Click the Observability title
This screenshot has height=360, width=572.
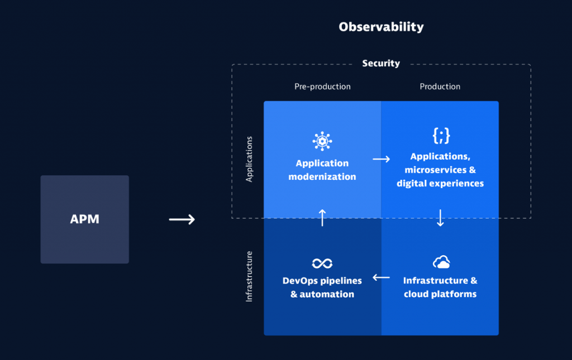381,27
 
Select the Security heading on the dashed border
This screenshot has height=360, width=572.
381,64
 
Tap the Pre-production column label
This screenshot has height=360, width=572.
322,87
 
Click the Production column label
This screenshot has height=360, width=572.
440,87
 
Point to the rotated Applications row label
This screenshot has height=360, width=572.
250,159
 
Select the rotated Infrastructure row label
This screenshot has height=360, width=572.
250,276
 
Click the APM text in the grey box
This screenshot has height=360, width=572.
84,219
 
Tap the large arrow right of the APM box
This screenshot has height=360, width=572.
182,219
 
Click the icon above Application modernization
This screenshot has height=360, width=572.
322,142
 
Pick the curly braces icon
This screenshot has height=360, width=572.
441,135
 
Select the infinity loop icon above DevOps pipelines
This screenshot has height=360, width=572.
322,263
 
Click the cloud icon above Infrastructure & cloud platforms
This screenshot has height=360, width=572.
441,262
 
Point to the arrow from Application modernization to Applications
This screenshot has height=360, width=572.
381,159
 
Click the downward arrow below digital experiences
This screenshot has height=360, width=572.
440,218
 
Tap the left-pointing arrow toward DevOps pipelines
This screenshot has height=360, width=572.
381,277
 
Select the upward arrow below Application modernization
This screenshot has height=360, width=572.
322,218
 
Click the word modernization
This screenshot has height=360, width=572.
322,177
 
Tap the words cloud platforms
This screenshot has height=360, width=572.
440,294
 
